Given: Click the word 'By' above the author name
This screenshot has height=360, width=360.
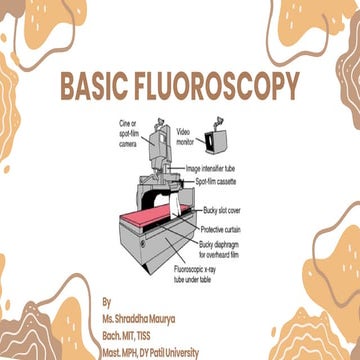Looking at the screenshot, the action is (108, 298).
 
